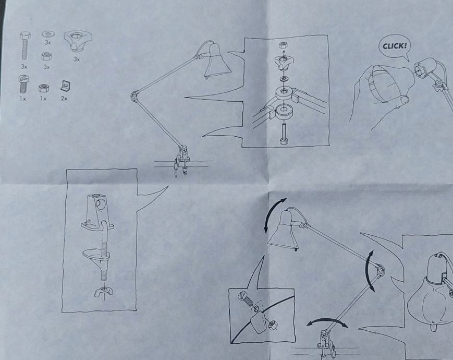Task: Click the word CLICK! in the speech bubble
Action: click(395, 46)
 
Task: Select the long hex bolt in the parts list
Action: click(25, 46)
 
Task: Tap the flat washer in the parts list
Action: click(47, 34)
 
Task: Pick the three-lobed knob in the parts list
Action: click(78, 41)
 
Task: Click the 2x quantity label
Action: click(64, 98)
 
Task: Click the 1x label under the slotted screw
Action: click(22, 99)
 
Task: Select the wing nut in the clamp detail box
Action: click(103, 292)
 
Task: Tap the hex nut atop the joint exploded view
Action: click(283, 45)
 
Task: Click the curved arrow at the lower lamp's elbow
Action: click(369, 271)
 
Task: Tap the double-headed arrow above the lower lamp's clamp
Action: click(327, 320)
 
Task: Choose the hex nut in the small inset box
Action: click(273, 325)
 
